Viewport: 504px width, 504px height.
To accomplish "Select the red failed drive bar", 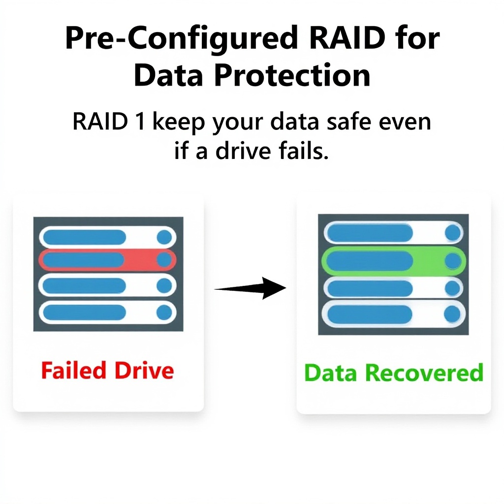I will point(107,260).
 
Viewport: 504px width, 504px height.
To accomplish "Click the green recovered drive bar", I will point(393,261).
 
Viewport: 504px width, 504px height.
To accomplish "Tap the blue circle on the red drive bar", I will point(164,260).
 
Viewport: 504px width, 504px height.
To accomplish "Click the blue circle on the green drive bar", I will point(452,261).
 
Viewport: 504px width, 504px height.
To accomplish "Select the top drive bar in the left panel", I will point(107,237).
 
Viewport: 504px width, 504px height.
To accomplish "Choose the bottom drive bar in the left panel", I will point(107,312).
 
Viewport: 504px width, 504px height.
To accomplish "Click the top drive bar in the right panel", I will point(393,233).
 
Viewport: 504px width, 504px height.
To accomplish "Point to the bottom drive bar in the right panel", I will point(393,314).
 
